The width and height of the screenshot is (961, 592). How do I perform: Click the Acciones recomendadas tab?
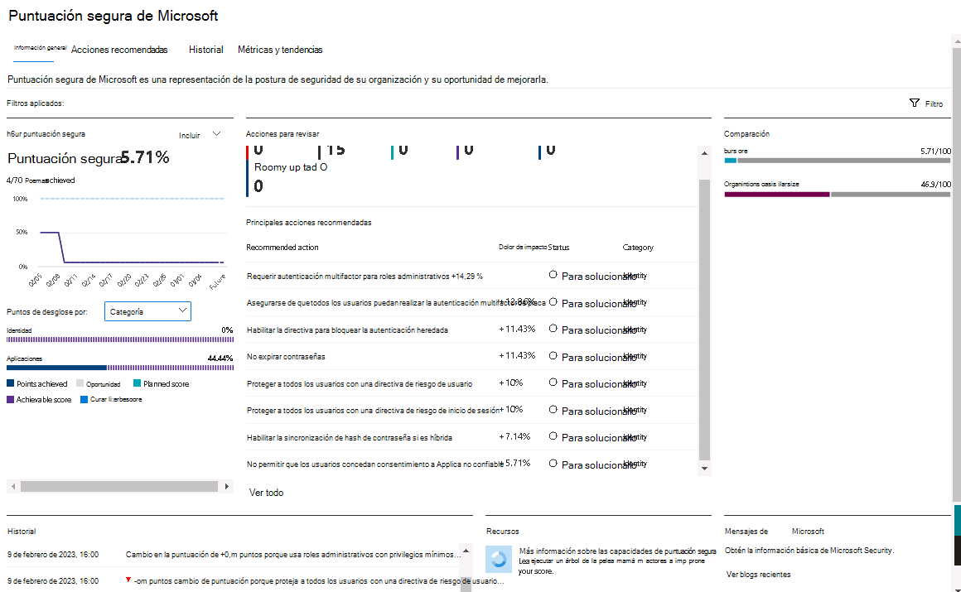pyautogui.click(x=119, y=50)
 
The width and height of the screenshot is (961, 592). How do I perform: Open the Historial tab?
pyautogui.click(x=205, y=50)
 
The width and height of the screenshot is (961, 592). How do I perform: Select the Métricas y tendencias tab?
pyautogui.click(x=280, y=50)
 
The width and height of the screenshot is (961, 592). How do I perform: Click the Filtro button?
pyautogui.click(x=926, y=103)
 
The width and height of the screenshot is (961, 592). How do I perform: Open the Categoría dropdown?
pyautogui.click(x=148, y=311)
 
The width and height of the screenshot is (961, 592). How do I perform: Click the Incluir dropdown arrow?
pyautogui.click(x=216, y=134)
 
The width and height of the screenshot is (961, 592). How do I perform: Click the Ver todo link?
pyautogui.click(x=266, y=493)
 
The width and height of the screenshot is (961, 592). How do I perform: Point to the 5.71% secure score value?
pyautogui.click(x=145, y=157)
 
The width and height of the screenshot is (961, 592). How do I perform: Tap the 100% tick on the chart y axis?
pyautogui.click(x=20, y=199)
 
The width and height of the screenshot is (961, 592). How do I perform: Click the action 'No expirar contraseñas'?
pyautogui.click(x=286, y=356)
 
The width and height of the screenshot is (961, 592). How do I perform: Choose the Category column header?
pyautogui.click(x=638, y=247)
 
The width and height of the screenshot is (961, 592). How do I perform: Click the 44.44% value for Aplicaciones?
pyautogui.click(x=220, y=359)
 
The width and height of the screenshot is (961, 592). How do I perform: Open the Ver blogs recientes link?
pyautogui.click(x=758, y=574)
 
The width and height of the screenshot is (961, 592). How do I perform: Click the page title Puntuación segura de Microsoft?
pyautogui.click(x=113, y=16)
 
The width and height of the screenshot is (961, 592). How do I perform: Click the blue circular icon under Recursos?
pyautogui.click(x=499, y=559)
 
